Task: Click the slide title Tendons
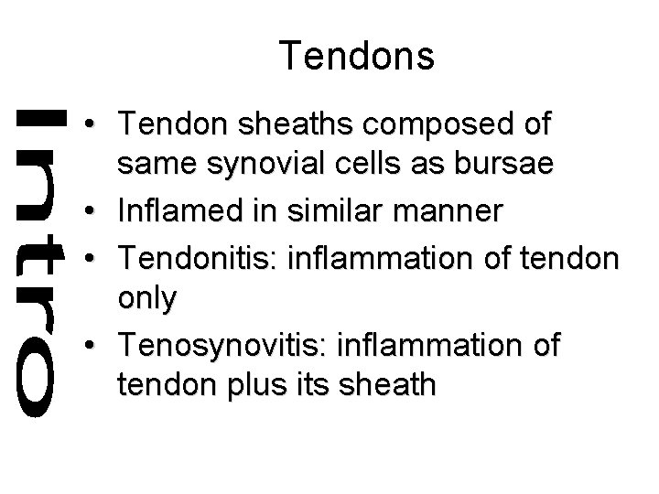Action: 357,57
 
